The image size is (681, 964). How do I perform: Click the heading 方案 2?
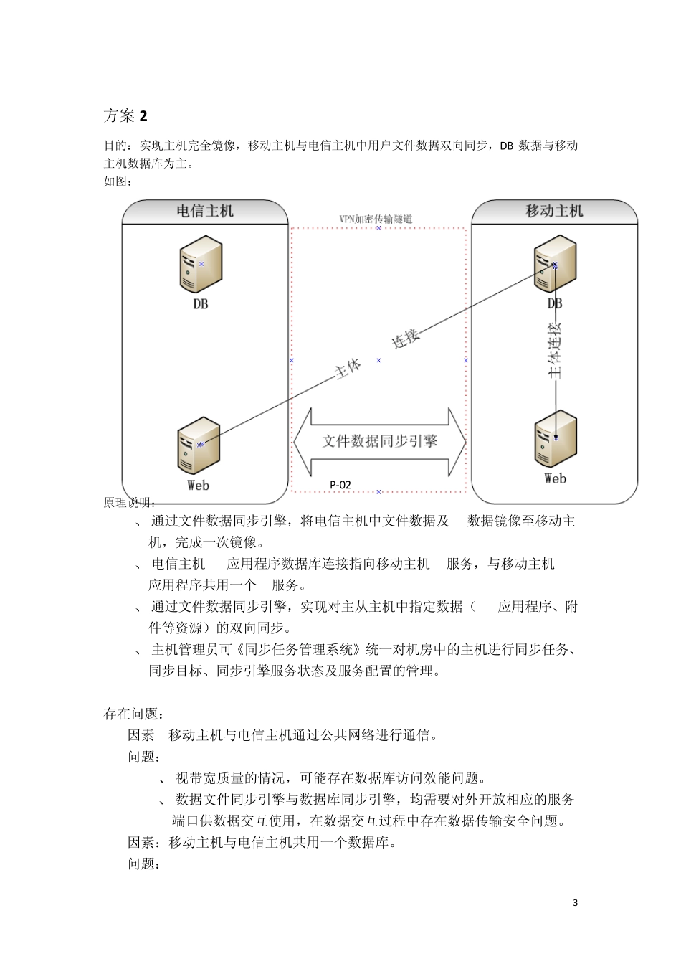[x=125, y=115]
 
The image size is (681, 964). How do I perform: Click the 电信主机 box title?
[x=205, y=211]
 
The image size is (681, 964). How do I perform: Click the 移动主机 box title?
[x=554, y=211]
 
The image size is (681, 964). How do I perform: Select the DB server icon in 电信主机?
[x=200, y=265]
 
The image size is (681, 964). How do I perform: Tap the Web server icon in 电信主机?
[x=198, y=445]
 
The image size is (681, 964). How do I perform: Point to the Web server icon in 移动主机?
[x=556, y=439]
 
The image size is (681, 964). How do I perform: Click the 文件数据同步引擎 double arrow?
[x=379, y=441]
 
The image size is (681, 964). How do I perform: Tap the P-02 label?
[x=340, y=485]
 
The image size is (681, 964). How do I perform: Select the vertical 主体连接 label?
[x=555, y=350]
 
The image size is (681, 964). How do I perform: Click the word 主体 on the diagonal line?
[x=348, y=369]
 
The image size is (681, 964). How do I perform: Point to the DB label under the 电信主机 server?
[x=201, y=304]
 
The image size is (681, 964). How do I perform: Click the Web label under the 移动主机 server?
[x=555, y=478]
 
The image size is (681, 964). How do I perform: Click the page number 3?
[x=575, y=902]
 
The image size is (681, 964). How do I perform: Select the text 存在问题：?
[x=134, y=714]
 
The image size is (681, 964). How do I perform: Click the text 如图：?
[x=118, y=181]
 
